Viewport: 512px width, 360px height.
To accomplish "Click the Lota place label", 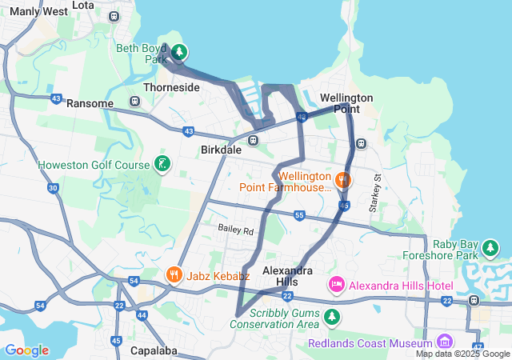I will [82, 5].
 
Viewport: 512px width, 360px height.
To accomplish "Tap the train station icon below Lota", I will [114, 16].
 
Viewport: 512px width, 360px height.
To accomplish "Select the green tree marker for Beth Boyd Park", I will [180, 53].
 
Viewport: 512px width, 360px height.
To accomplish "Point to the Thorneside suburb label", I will [171, 87].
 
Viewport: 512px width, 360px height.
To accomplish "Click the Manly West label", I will [39, 12].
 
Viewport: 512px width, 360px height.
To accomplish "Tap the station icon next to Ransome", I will [134, 102].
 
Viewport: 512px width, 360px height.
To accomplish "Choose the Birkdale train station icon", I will [253, 141].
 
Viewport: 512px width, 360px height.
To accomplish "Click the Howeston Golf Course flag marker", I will [162, 165].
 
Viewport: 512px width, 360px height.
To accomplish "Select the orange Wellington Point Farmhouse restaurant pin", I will [342, 180].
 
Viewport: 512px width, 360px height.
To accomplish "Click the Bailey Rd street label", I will [235, 230].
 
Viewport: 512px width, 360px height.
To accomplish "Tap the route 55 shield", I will [299, 215].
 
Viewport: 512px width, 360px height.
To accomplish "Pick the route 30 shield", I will [53, 188].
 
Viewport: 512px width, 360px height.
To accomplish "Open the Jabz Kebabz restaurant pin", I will [174, 276].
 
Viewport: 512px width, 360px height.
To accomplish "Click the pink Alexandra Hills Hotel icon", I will [337, 285].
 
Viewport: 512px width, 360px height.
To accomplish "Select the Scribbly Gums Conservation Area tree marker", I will [331, 318].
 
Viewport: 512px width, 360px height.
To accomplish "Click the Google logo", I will [26, 350].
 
